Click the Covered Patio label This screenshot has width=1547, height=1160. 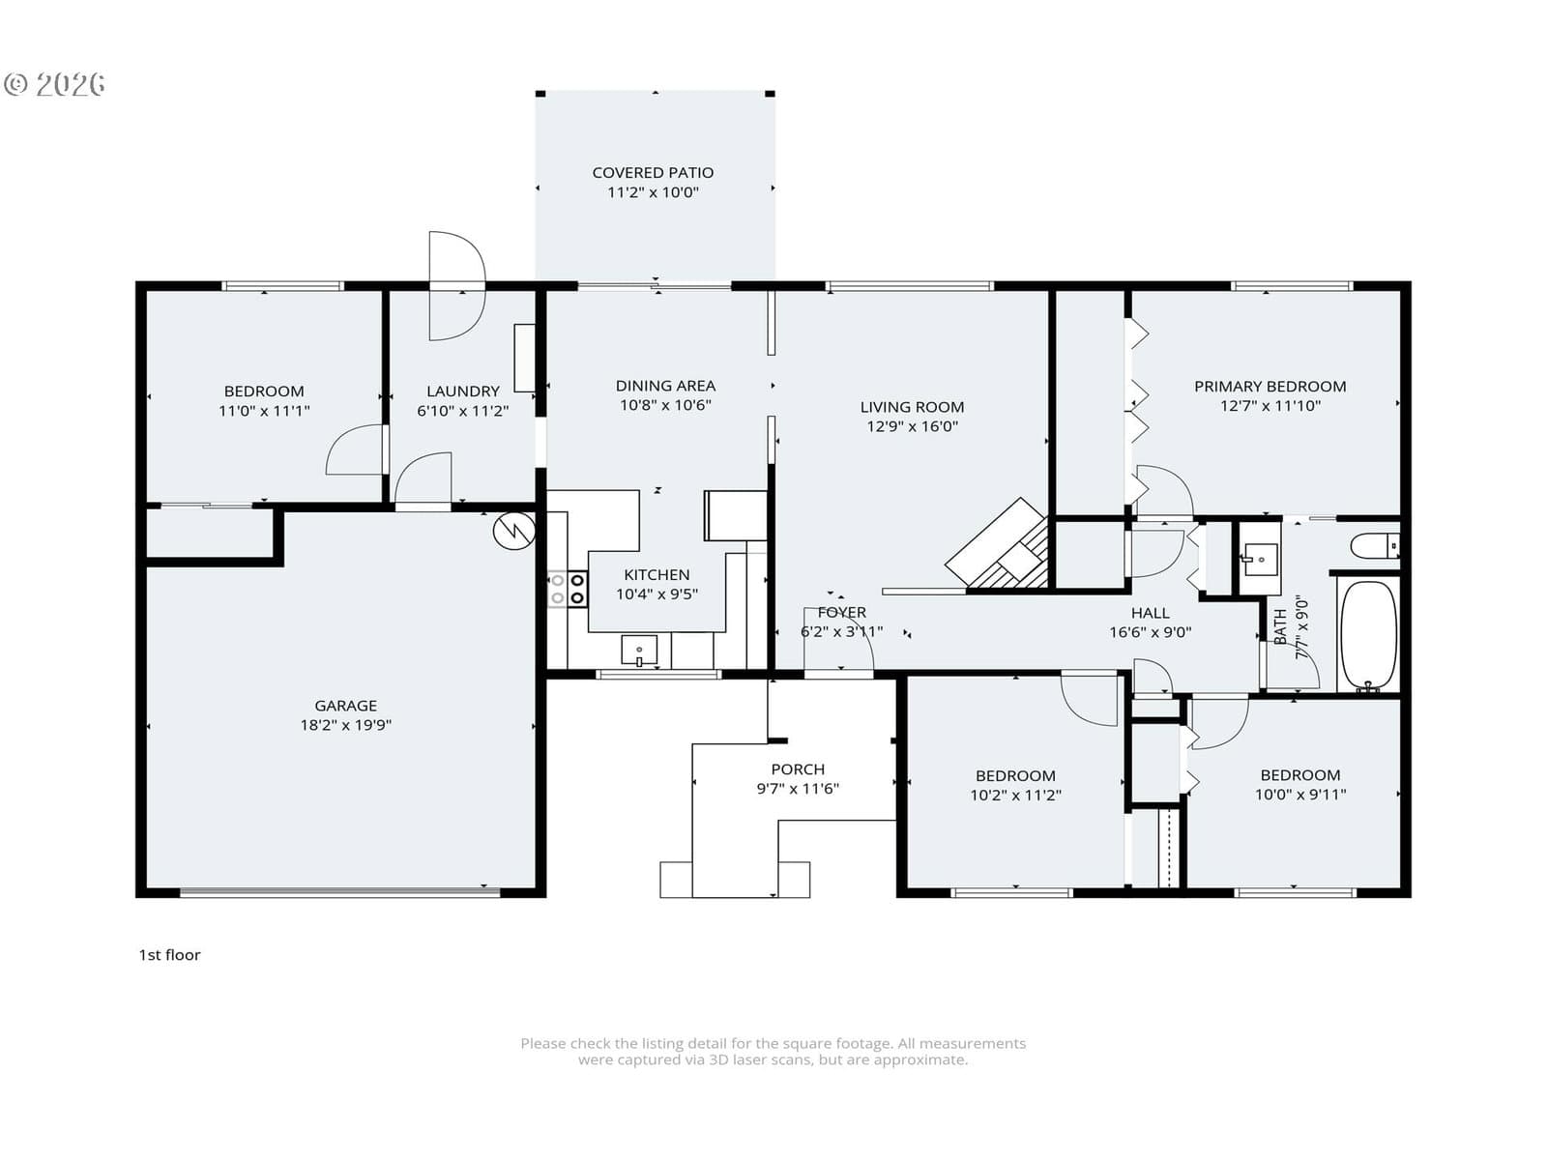[652, 173]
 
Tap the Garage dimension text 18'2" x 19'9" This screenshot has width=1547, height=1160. [345, 725]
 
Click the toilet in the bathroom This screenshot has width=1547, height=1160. [1374, 546]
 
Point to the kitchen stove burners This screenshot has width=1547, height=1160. [568, 589]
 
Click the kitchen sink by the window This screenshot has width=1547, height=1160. [638, 650]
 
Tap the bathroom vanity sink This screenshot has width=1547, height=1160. [1260, 560]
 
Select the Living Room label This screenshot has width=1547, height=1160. [912, 407]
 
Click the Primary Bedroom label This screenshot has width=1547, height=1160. [1270, 387]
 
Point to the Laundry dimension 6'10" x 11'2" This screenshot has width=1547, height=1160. [462, 411]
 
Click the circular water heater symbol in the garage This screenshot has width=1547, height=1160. [513, 531]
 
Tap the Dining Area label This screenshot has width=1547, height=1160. [665, 386]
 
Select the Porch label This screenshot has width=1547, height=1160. [797, 769]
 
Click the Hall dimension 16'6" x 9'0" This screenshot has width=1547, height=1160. [1151, 632]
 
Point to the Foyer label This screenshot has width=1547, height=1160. [841, 612]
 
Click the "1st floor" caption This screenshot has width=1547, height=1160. [169, 955]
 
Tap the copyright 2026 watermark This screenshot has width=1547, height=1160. [54, 84]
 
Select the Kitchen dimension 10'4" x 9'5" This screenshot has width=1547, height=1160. [657, 594]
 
